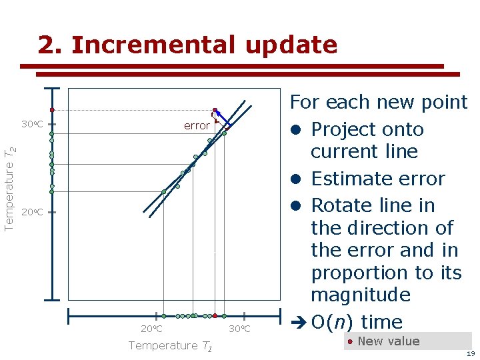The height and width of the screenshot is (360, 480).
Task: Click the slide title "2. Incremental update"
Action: tap(187, 45)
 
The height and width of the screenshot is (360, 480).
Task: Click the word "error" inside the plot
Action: tap(197, 126)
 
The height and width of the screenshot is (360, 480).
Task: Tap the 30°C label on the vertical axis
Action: tap(32, 125)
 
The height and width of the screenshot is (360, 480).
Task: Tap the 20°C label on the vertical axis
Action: tap(32, 213)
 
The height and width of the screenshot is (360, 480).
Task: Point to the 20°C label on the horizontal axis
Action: tap(151, 329)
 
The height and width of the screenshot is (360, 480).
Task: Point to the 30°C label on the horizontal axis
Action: tap(239, 329)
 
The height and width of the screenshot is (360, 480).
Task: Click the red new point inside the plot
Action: tap(215, 110)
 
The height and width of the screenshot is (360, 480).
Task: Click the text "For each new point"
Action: tap(378, 102)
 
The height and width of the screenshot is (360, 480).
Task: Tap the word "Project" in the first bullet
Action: tap(343, 129)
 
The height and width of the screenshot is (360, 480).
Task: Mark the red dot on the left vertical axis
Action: tap(51, 110)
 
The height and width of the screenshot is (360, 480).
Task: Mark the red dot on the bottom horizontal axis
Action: tap(215, 316)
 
